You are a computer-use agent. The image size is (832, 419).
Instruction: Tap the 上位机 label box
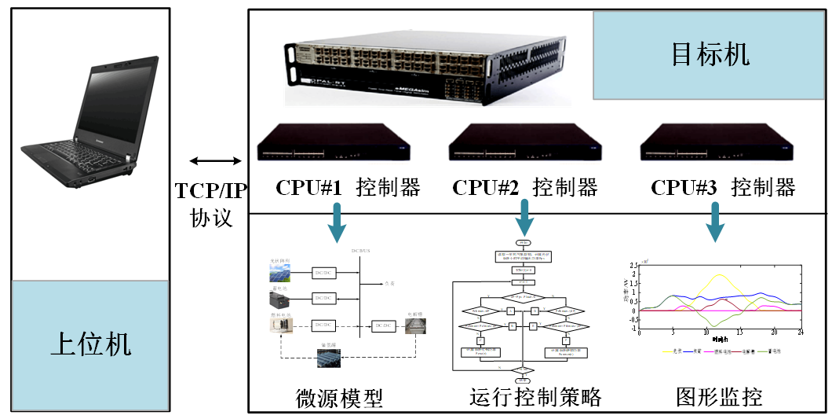[90, 344]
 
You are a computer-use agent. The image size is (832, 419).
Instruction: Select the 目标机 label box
[710, 54]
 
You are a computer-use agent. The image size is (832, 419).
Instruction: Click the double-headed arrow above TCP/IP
[216, 161]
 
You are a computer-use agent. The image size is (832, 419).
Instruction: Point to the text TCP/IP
[210, 190]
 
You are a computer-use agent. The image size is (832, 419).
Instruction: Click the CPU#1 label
[308, 188]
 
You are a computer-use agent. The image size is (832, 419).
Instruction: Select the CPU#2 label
[485, 188]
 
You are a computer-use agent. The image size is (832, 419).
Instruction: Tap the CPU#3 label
[684, 188]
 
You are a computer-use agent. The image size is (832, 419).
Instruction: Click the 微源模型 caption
[339, 398]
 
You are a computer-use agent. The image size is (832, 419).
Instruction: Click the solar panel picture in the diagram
[279, 273]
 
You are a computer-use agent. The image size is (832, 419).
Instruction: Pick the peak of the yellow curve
[719, 275]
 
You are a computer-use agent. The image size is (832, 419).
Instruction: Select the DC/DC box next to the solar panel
[324, 273]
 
